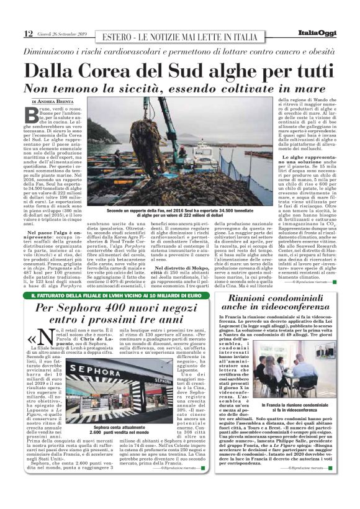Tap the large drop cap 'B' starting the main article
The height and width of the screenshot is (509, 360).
click(x=30, y=115)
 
